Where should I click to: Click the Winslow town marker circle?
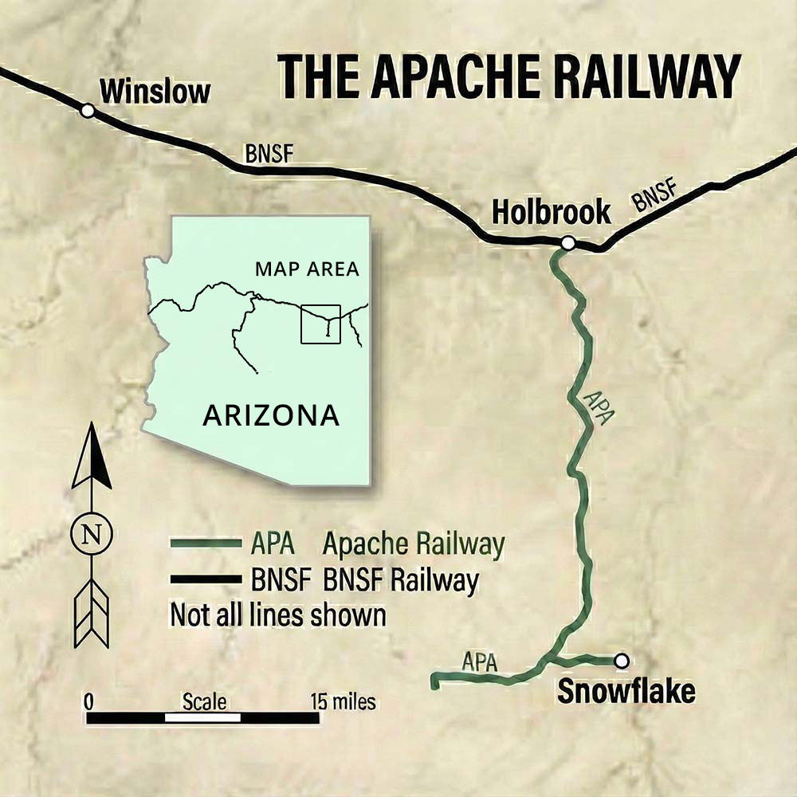click(88, 111)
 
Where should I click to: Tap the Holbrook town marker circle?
click(567, 242)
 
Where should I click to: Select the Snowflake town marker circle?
click(621, 660)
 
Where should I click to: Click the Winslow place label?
click(155, 91)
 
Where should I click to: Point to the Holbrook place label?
click(551, 212)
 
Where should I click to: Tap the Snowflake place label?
click(626, 691)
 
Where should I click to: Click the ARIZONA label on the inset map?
click(271, 415)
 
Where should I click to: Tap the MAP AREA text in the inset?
click(307, 269)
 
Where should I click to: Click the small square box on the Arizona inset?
click(320, 324)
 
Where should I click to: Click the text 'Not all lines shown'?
click(278, 614)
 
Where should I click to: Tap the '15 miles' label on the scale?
click(343, 702)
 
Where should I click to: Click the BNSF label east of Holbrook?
click(655, 197)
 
